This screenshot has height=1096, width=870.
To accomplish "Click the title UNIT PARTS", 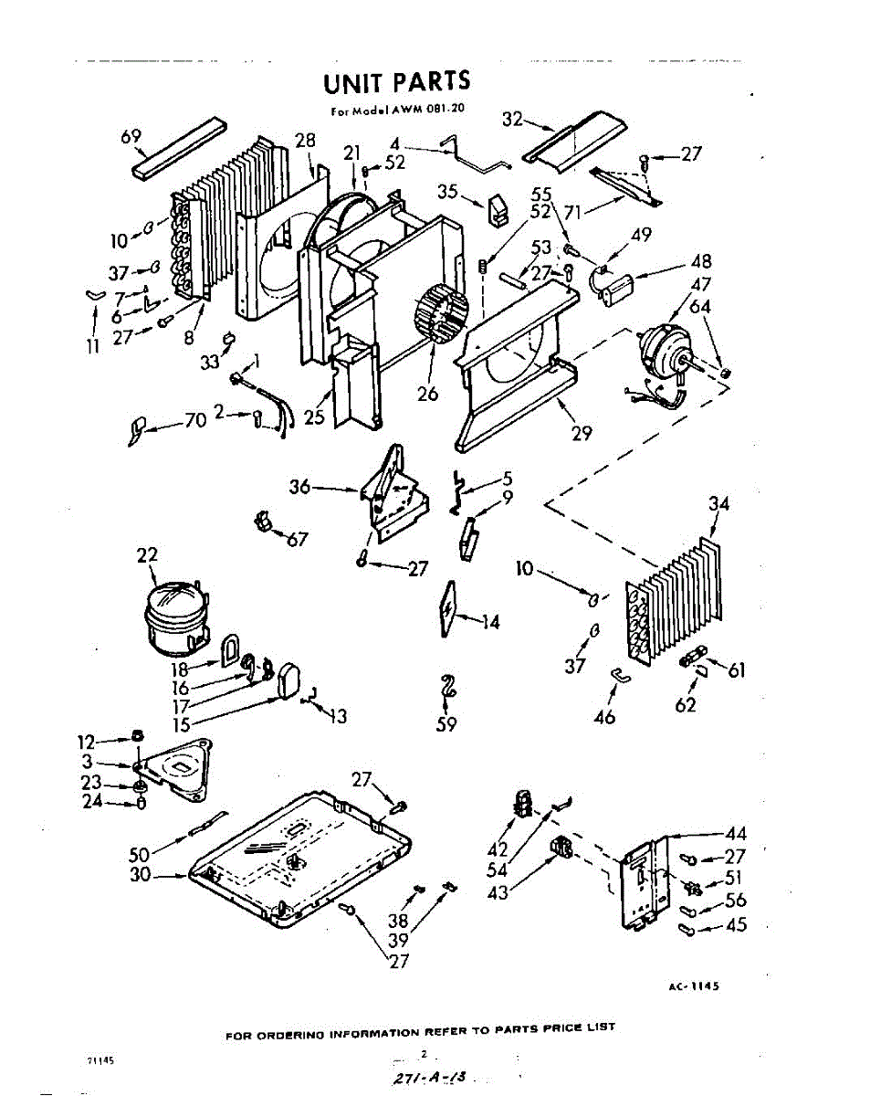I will (397, 83).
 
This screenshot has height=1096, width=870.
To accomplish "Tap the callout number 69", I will (131, 137).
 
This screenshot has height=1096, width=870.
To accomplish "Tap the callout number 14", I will (491, 622).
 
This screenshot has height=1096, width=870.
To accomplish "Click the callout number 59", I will (447, 726).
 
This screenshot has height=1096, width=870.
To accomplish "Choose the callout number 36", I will (300, 488).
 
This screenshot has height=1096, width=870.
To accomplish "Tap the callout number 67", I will (298, 540).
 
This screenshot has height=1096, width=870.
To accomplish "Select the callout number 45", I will (736, 925).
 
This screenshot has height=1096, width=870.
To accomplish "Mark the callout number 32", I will (512, 119).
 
